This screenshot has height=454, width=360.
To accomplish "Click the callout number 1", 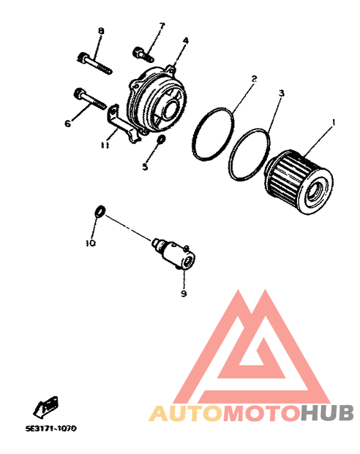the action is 334,122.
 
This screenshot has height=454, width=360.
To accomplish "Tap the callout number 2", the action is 254,78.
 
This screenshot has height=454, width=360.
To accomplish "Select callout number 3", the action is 282,93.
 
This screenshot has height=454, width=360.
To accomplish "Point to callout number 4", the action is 186,41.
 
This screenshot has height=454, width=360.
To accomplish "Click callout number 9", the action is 184,293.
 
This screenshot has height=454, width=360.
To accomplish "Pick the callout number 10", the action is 91,243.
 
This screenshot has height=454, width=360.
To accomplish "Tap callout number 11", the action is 105,145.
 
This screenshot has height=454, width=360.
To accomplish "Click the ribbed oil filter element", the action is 299,183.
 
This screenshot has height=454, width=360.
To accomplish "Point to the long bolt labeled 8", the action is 94,64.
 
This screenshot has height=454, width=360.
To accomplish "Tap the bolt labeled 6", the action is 89,98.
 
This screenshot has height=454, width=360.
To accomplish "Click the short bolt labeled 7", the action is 143,54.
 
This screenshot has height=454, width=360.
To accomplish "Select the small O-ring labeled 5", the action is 161,139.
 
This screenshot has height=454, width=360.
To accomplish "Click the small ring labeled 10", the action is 100,211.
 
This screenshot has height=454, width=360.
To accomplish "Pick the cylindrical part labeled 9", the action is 174,254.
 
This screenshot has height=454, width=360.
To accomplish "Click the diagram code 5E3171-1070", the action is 51,428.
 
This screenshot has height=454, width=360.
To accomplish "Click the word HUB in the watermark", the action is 327,413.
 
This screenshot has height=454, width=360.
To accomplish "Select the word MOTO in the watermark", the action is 262,413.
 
